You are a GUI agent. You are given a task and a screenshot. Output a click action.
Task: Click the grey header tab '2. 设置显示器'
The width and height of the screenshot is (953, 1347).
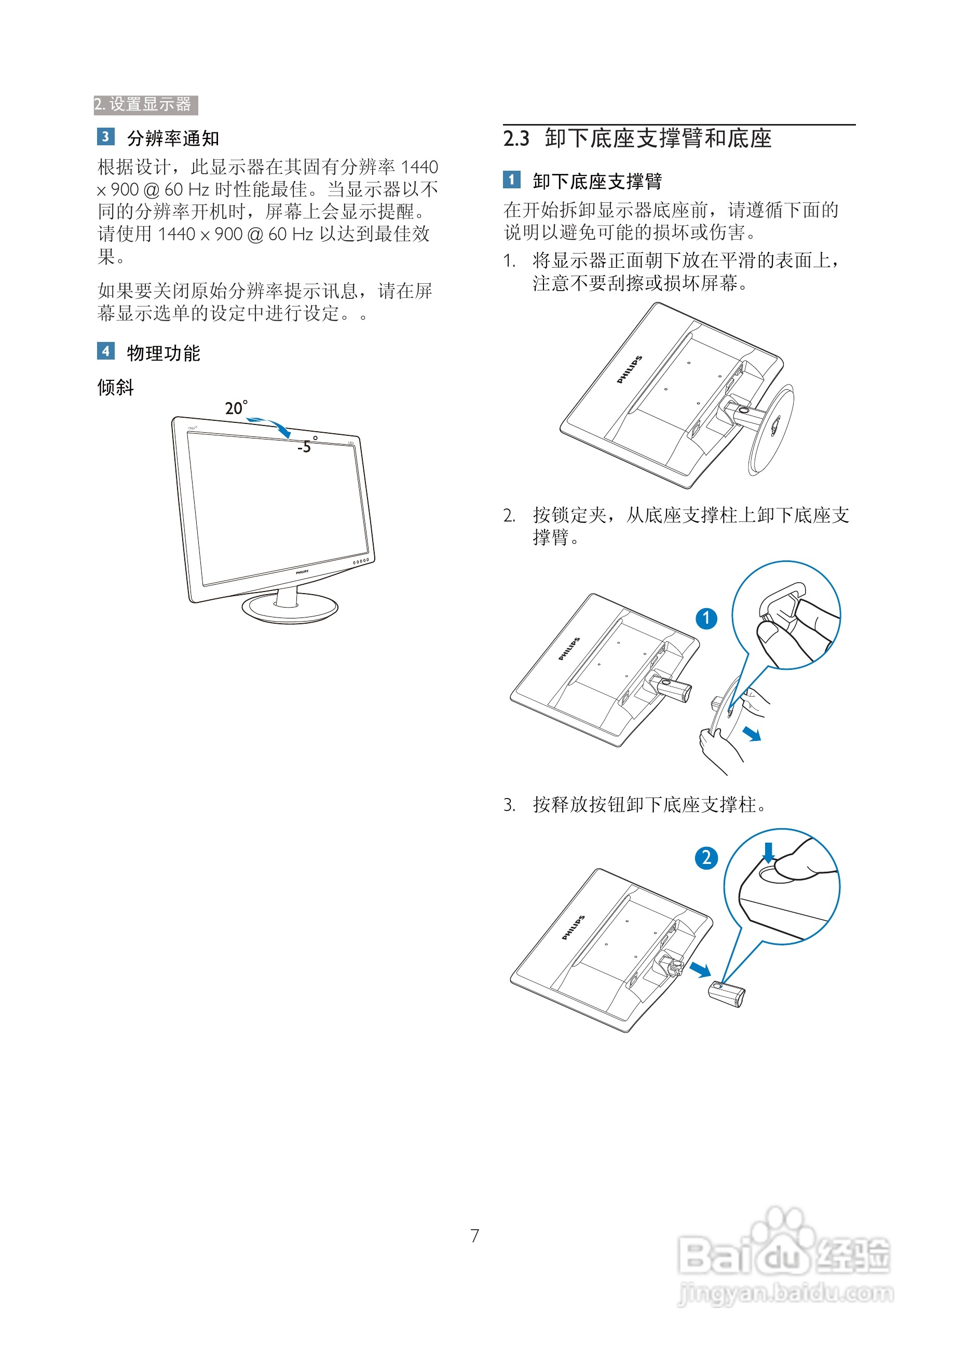click(x=145, y=104)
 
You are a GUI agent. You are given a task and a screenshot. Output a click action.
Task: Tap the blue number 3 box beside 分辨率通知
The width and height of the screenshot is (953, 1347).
click(x=105, y=136)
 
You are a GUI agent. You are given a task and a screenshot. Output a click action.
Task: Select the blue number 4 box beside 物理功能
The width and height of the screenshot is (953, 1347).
click(x=105, y=351)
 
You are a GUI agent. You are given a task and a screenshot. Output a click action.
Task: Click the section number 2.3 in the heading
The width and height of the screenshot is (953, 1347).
click(x=516, y=139)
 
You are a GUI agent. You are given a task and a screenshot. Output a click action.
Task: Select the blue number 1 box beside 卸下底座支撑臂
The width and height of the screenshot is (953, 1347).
click(x=511, y=180)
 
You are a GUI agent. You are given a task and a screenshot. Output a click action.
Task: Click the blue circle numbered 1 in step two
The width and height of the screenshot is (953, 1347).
click(x=706, y=618)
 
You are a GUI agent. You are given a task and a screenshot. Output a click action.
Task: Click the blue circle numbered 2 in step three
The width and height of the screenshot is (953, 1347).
click(x=706, y=858)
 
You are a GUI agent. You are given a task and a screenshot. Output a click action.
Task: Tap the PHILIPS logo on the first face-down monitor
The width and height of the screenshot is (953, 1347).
click(x=630, y=369)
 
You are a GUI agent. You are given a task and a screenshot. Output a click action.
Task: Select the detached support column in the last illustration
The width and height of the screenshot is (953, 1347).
click(x=727, y=993)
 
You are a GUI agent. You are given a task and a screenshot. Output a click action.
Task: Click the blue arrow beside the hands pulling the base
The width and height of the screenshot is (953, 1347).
click(x=752, y=733)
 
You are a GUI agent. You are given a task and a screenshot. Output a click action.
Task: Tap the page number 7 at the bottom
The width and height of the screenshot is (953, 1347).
click(x=475, y=1235)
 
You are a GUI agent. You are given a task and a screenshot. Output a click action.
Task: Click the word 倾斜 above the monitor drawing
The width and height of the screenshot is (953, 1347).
click(x=116, y=387)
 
